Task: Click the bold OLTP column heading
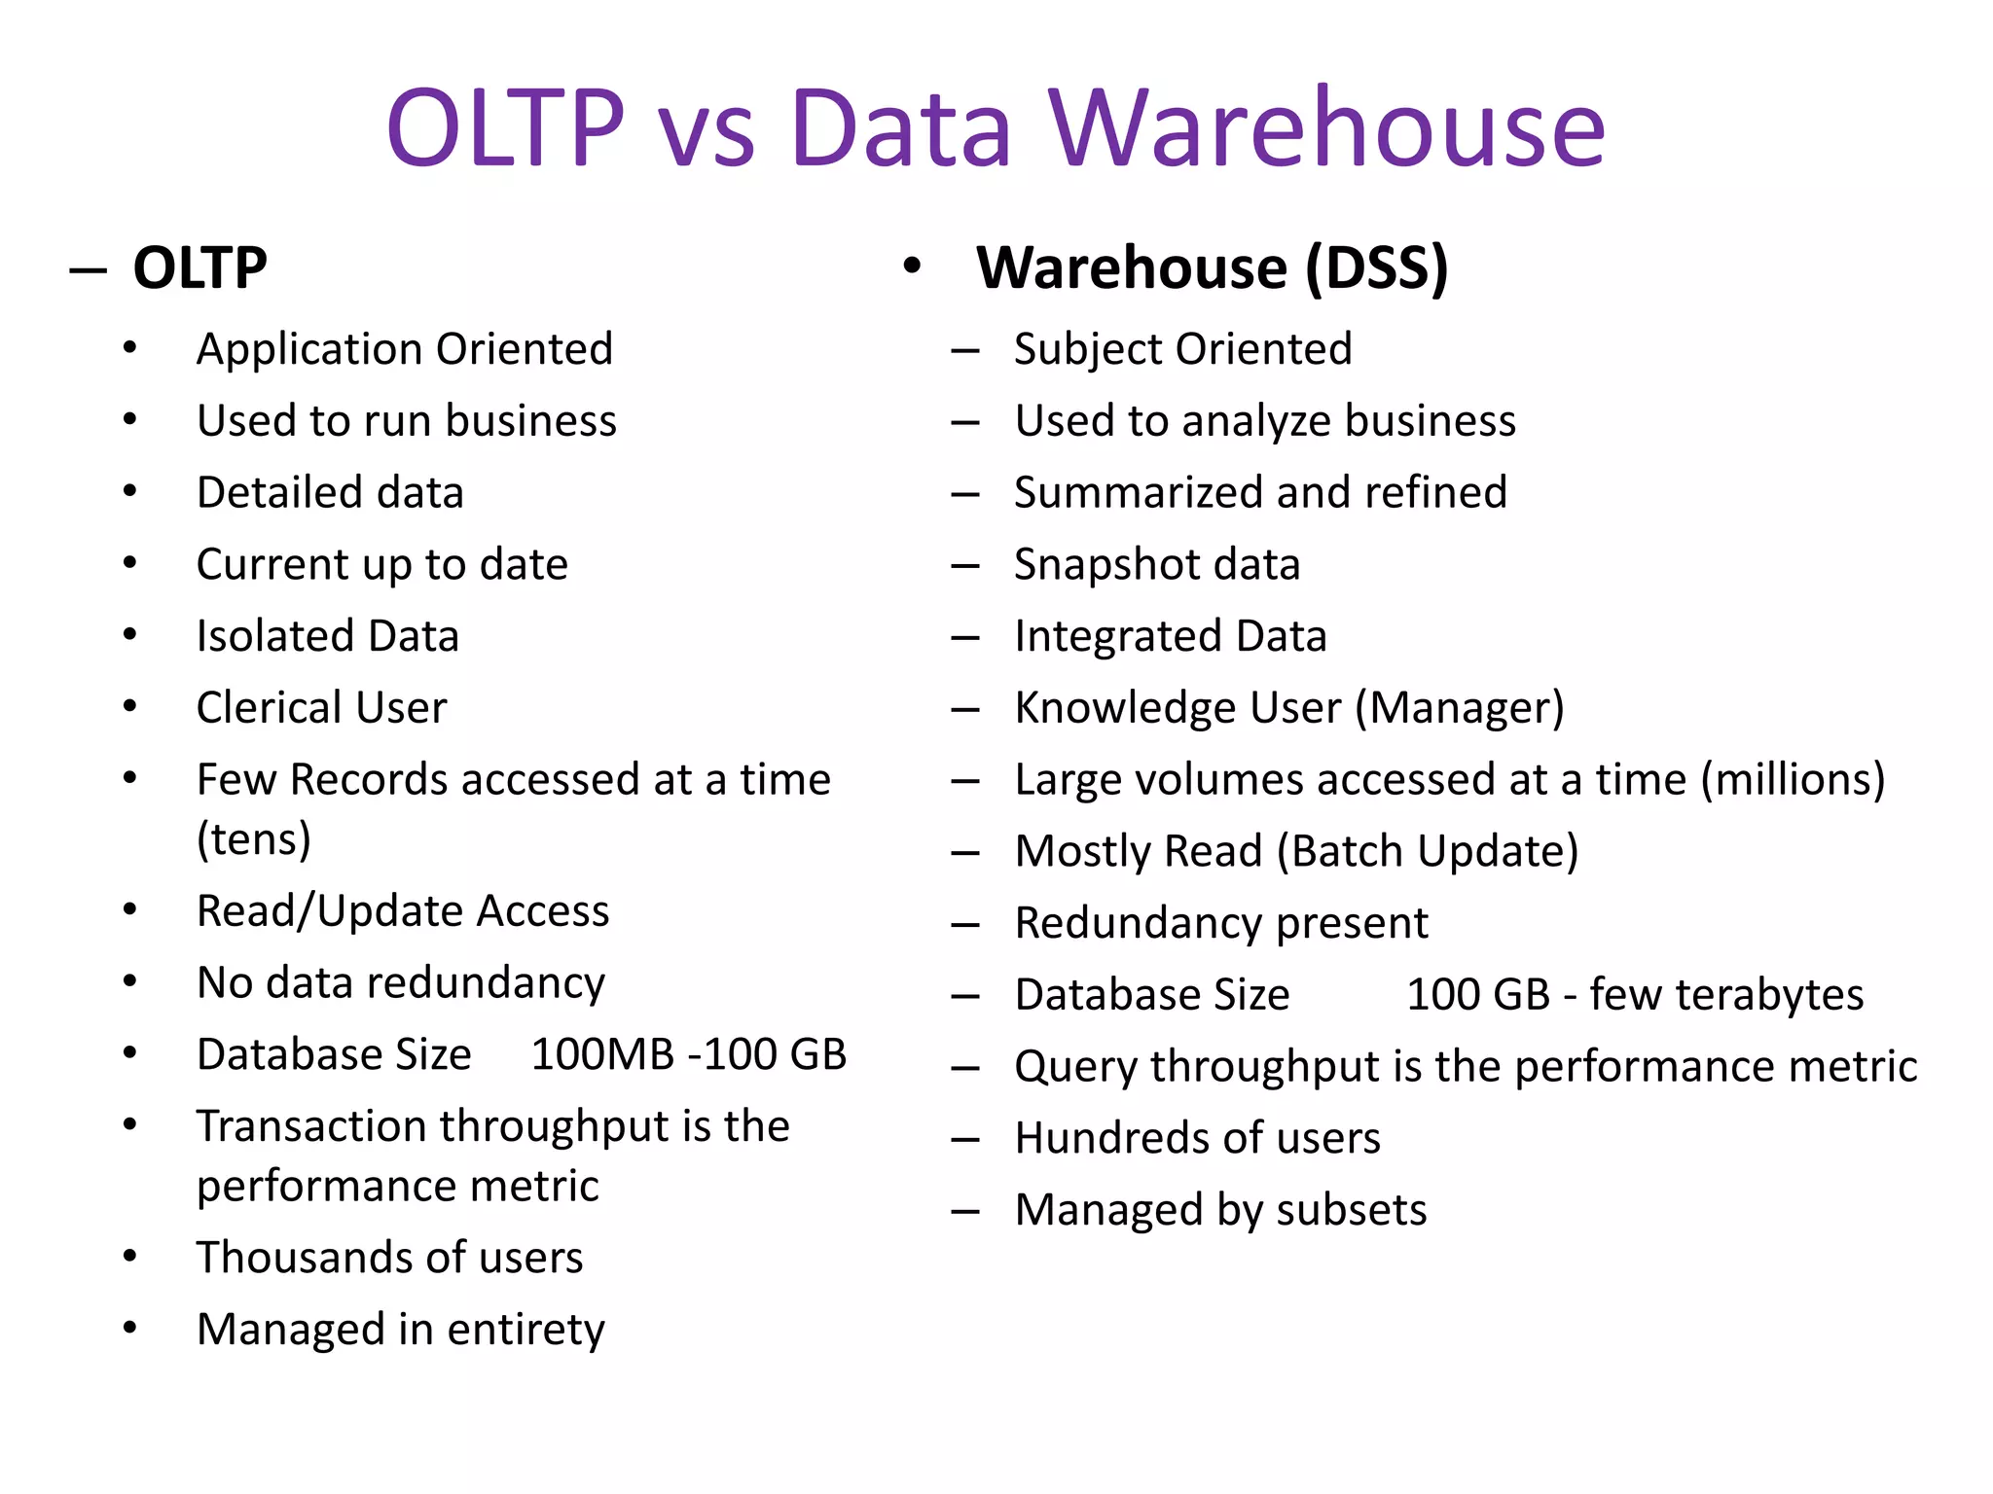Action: [199, 268]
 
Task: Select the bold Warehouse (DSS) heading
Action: [1212, 268]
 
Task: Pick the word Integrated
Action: [1117, 636]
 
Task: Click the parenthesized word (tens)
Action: [254, 838]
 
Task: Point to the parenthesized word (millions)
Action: [1793, 780]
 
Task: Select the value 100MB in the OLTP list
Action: [602, 1054]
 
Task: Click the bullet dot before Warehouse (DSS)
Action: [912, 267]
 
